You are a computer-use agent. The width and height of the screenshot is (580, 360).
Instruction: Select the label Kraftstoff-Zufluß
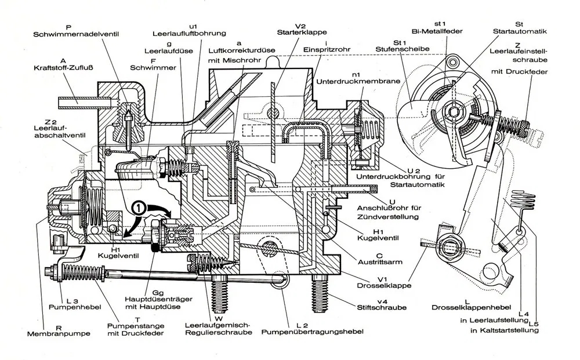tap(63, 68)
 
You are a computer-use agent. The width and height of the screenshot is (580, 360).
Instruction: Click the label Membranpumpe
tap(49, 334)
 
